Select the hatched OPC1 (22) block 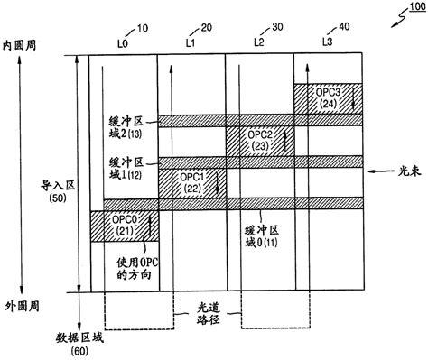[x=191, y=183]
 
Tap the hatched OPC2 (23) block [x=259, y=141]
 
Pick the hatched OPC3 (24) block [x=328, y=97]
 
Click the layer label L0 [x=121, y=42]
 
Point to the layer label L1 [x=191, y=42]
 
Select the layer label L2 [x=259, y=42]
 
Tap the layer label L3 [x=327, y=42]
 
